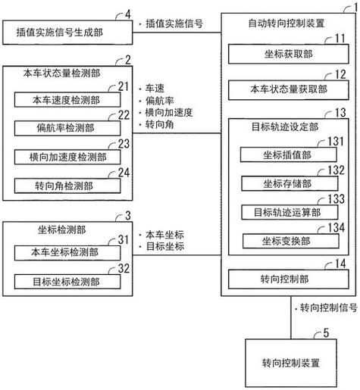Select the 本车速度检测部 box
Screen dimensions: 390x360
pos(66,99)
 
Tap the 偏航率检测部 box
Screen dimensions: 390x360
pos(66,128)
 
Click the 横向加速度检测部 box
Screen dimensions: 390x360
pos(66,157)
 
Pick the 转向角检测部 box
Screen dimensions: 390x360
pos(66,185)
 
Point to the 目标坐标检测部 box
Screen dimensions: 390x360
pos(66,282)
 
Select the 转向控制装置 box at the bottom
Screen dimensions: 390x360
pos(288,363)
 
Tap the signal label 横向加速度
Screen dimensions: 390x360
pos(166,112)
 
